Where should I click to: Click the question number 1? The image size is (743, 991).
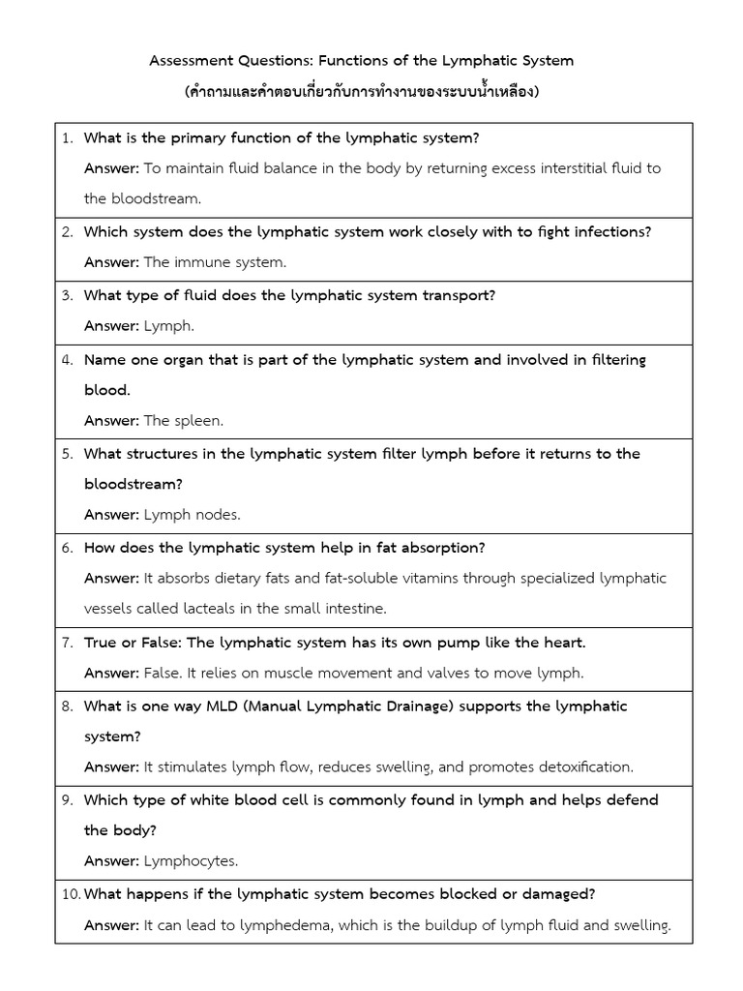click(68, 137)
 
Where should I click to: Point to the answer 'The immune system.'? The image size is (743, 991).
click(215, 262)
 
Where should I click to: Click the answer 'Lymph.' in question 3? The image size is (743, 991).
click(169, 326)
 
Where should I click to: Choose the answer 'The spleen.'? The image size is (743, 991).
click(184, 421)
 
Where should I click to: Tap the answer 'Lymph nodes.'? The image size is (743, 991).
click(193, 515)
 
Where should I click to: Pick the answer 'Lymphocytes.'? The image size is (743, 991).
click(191, 861)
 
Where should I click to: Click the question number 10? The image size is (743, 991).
click(70, 893)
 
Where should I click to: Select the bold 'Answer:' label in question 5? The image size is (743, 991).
click(111, 515)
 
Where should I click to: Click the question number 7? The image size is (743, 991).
click(68, 643)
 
